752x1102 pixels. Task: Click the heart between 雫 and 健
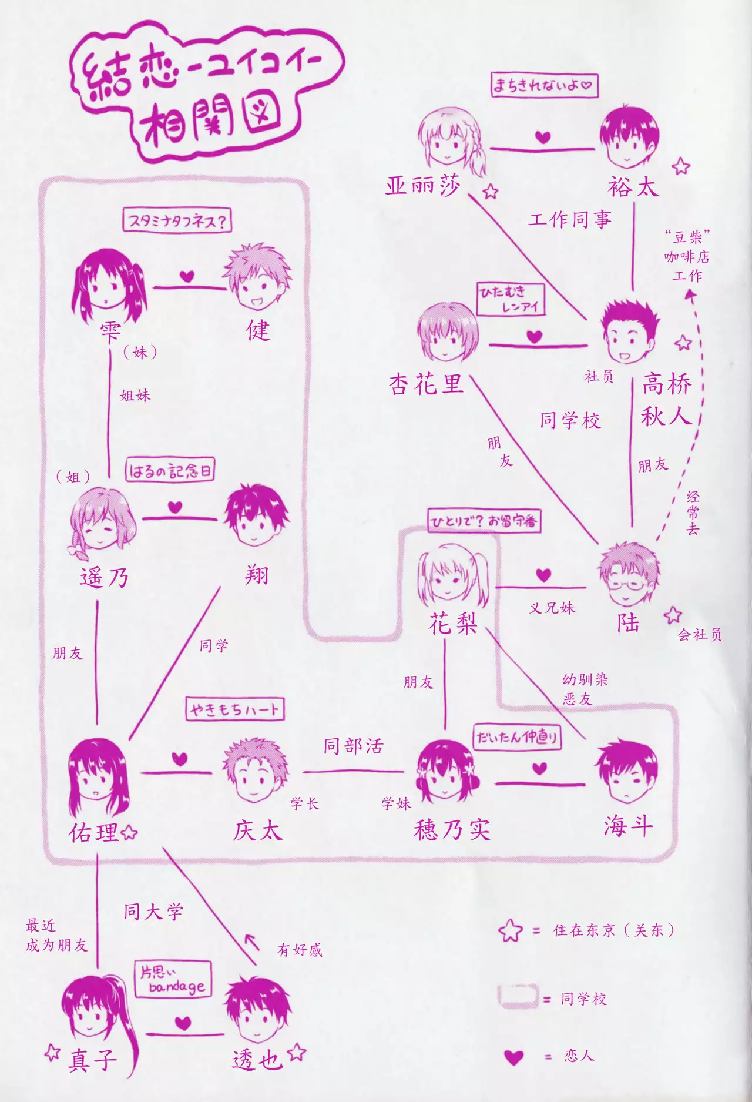pos(187,276)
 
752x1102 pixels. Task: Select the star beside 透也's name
pos(297,1051)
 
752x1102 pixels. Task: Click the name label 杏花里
pos(426,384)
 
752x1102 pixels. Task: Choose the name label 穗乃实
pos(452,830)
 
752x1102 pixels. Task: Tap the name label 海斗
pos(628,826)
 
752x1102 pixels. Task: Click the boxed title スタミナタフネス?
pos(177,222)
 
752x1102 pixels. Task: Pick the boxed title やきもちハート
pos(234,709)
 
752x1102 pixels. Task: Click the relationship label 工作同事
pos(570,220)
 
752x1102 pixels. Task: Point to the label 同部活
pos(353,746)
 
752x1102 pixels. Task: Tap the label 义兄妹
pos(552,608)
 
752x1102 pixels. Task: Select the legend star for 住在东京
pos(510,930)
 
